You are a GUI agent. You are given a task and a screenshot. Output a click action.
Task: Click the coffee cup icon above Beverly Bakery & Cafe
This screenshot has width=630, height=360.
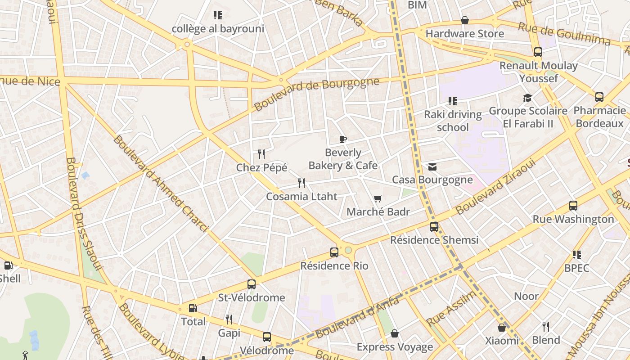coord(343,139)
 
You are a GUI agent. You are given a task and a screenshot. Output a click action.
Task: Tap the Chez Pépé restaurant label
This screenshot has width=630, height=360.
coord(261,168)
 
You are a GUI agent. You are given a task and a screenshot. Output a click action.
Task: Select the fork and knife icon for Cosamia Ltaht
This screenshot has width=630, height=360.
coord(301,183)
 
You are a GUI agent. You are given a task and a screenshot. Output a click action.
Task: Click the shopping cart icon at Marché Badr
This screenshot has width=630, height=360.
coord(378,198)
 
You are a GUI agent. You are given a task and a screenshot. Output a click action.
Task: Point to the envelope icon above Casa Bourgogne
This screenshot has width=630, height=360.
coord(432,167)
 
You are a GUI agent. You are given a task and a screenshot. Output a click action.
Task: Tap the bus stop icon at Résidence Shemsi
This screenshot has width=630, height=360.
coord(434,227)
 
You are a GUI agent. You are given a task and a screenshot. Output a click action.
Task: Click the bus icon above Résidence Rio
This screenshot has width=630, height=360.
coord(334,252)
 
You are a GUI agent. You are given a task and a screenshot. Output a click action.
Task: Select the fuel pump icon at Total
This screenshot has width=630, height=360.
coord(193,308)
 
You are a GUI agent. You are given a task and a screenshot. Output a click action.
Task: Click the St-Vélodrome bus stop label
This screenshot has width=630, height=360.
coord(252,297)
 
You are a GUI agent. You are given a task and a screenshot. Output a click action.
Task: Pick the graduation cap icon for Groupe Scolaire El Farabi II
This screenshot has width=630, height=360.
coord(527,98)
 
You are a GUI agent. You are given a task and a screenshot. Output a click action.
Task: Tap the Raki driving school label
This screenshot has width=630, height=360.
coord(453,121)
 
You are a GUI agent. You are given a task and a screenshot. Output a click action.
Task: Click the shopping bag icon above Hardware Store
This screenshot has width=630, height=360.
coord(465,21)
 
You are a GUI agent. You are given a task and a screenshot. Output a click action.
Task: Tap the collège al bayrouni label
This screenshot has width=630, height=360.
coord(218,29)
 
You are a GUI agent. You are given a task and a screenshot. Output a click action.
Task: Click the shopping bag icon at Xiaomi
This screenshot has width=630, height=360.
coord(502,328)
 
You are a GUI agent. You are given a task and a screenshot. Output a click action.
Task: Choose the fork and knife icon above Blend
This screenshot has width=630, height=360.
coord(546,326)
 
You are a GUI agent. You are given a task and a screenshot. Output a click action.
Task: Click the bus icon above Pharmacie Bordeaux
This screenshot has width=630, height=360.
coord(599,97)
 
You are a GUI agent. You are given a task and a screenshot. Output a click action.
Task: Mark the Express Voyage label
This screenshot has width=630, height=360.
coord(395,347)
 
